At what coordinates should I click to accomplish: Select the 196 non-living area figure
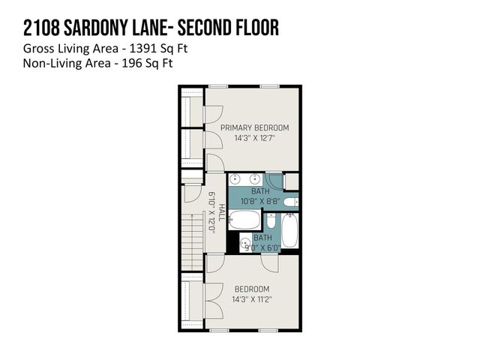pyautogui.click(x=125, y=64)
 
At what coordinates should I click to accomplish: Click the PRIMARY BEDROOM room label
pyautogui.click(x=254, y=127)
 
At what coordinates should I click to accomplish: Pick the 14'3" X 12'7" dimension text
pyautogui.click(x=254, y=138)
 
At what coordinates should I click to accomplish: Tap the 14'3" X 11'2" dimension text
pyautogui.click(x=251, y=298)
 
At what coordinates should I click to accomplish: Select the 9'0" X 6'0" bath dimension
pyautogui.click(x=258, y=247)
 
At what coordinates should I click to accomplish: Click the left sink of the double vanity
pyautogui.click(x=235, y=180)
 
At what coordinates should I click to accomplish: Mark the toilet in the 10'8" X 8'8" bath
pyautogui.click(x=291, y=201)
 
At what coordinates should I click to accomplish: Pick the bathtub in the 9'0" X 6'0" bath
pyautogui.click(x=289, y=231)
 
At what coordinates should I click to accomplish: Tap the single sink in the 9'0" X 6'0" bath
pyautogui.click(x=246, y=242)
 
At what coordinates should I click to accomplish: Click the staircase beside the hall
pyautogui.click(x=193, y=239)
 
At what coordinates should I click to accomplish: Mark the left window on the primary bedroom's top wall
pyautogui.click(x=218, y=87)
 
